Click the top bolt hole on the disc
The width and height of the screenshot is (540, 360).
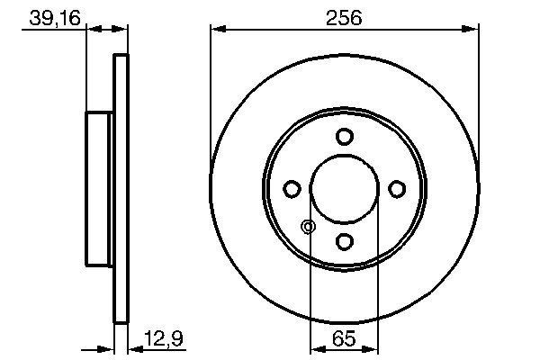pos(344,137)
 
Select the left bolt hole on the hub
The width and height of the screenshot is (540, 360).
pos(292,188)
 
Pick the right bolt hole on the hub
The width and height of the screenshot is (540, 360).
pos(396,188)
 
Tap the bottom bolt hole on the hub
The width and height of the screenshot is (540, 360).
pos(344,240)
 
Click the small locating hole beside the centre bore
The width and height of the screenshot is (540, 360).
pos(308,227)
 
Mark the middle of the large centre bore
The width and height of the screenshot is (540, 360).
pos(344,188)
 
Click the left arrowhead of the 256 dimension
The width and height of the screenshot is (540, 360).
pos(216,31)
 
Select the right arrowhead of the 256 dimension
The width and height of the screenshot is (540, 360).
pos(472,31)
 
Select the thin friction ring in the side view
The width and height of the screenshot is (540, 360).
pos(120,188)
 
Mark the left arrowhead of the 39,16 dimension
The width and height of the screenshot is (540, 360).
pos(91,31)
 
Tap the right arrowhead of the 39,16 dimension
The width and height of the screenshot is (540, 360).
pos(122,31)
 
